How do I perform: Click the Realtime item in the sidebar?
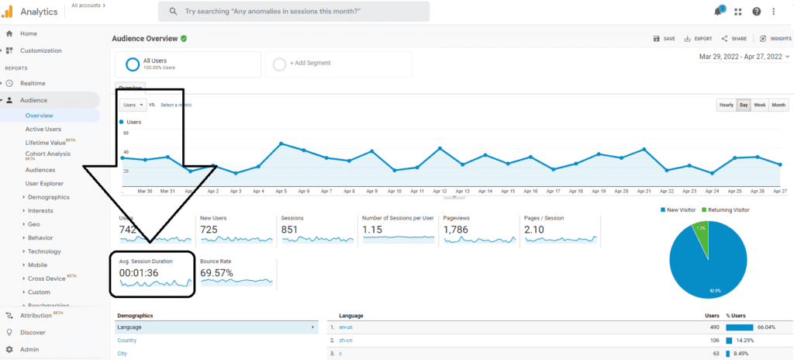tap(33, 83)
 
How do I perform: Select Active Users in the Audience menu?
tap(43, 129)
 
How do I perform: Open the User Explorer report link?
tap(44, 183)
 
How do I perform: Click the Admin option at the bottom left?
tap(29, 349)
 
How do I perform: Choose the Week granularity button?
tap(760, 105)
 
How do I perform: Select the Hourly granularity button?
tap(726, 105)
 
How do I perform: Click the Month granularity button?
tap(778, 105)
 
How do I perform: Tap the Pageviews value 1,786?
tap(458, 230)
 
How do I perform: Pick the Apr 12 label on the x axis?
tap(440, 190)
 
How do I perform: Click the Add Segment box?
tap(338, 64)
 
